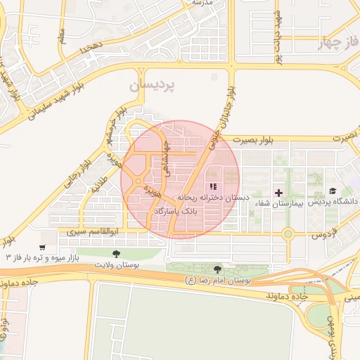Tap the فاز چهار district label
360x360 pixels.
pos(337,43)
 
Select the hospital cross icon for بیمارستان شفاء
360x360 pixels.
pos(278,192)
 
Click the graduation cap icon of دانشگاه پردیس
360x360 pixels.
pos(332,191)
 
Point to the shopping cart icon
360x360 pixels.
pos(43,247)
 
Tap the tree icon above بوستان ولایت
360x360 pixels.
pos(116,253)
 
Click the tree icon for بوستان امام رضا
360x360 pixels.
pos(217,269)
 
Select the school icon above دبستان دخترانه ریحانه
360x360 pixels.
pos(212,186)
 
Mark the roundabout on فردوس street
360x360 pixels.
pos(288,233)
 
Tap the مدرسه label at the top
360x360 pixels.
pos(202,4)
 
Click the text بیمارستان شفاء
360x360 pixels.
pos(271,203)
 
